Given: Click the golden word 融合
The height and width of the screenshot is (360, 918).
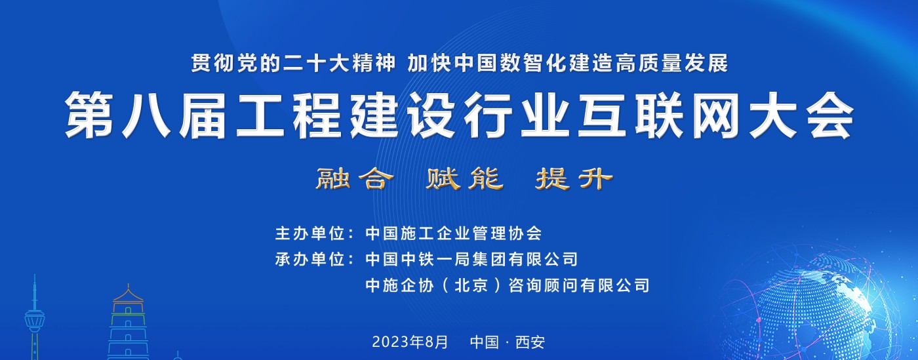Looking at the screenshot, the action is click(x=355, y=179).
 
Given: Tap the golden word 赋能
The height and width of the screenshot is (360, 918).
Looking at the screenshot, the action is click(x=464, y=179).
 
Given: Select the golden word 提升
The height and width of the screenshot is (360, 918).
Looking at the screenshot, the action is click(x=574, y=179).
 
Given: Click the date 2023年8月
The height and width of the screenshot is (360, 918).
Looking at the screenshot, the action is click(x=410, y=342).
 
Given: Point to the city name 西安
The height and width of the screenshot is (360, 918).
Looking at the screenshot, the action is click(x=530, y=342).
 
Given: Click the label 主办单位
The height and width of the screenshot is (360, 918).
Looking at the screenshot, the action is click(x=309, y=233).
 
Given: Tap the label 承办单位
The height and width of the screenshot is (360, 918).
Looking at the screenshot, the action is click(x=309, y=259).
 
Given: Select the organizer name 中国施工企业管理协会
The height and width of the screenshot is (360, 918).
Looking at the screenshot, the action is click(x=454, y=233).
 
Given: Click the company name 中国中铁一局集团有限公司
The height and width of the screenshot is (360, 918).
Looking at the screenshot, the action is click(x=471, y=259).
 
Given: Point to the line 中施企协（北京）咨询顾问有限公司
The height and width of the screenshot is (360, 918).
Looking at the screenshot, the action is click(x=508, y=285).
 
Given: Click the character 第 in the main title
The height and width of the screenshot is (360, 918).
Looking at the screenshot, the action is click(x=89, y=115).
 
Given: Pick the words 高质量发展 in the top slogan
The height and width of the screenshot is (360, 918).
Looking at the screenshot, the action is click(x=671, y=63).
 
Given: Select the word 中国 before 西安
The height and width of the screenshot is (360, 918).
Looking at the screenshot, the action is click(x=485, y=342).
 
